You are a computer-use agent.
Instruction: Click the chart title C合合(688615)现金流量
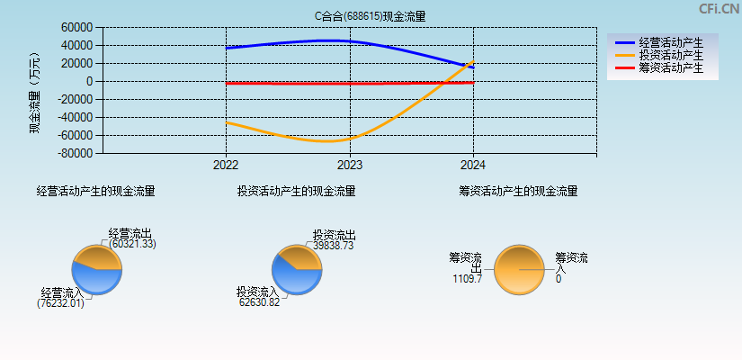[x=370, y=16]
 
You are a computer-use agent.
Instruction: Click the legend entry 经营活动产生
[x=670, y=42]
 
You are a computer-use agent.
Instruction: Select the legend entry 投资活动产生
[x=670, y=55]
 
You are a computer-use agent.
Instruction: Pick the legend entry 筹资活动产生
[x=670, y=67]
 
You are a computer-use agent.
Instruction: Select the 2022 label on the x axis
[x=226, y=166]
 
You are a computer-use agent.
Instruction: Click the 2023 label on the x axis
[x=349, y=166]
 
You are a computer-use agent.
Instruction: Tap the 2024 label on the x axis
[x=472, y=166]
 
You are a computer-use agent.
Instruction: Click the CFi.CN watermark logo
[x=719, y=9]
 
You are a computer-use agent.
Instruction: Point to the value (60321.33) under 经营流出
[x=132, y=244]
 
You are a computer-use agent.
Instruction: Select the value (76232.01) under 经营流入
[x=60, y=303]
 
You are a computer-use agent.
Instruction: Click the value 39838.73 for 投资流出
[x=333, y=245]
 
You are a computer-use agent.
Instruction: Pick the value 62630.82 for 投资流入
[x=259, y=302]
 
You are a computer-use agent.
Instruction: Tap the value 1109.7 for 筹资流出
[x=467, y=279]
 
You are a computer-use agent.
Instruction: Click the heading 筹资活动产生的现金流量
[x=518, y=191]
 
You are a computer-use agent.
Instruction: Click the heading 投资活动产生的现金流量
[x=296, y=191]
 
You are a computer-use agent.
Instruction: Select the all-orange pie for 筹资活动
[x=519, y=269]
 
